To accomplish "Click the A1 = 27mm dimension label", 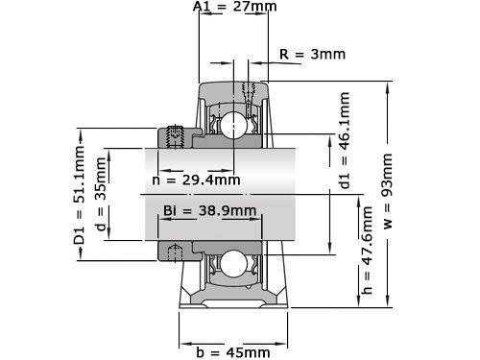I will coord(234,8).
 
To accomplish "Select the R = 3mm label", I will coord(311,54).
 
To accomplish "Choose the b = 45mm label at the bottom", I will coord(234,351).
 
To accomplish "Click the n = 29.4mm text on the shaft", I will coord(196,180).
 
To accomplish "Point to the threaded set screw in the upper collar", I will coord(176,138).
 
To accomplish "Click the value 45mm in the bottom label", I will coord(247,351).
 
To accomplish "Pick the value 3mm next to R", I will coord(327,54).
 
